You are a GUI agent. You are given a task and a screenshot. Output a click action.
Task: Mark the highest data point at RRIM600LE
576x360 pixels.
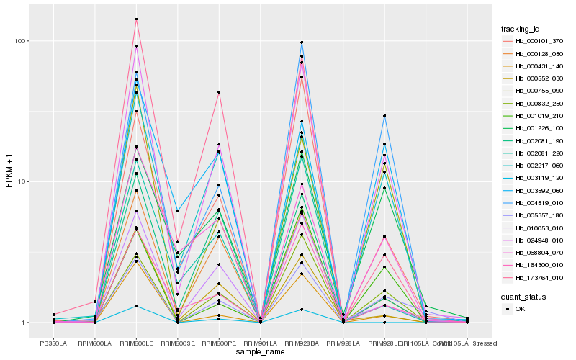136,19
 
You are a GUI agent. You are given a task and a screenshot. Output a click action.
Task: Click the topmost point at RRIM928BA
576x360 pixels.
302,42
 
